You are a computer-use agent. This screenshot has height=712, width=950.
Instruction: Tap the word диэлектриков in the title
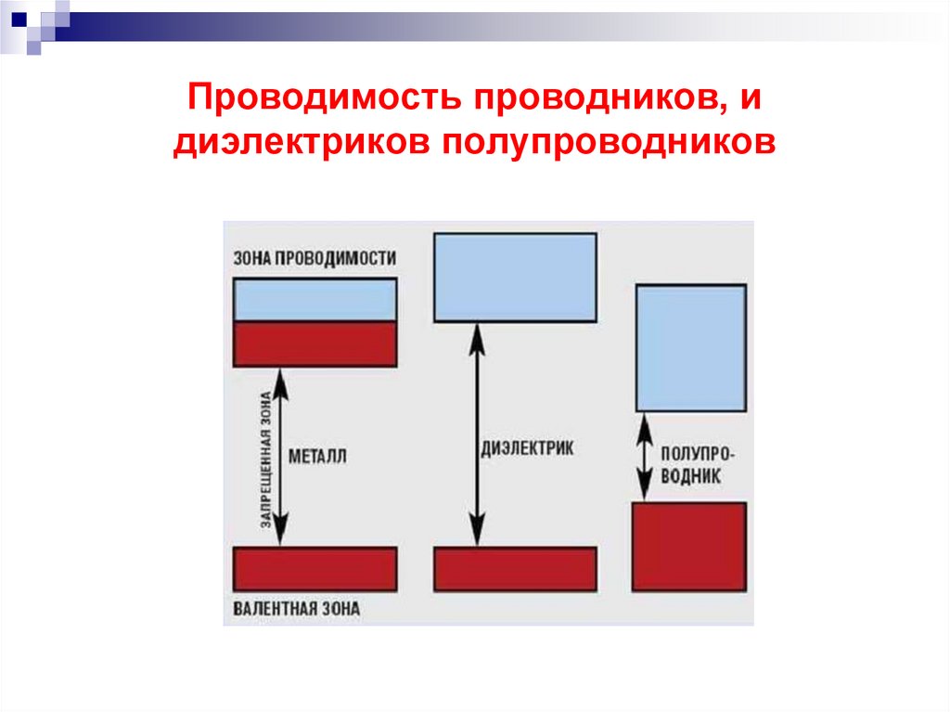(x=297, y=144)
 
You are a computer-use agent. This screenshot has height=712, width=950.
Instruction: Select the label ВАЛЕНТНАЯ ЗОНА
(x=296, y=610)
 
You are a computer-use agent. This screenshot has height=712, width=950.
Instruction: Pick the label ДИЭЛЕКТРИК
(x=527, y=447)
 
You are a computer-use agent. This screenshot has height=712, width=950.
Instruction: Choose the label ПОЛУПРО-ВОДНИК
(x=699, y=464)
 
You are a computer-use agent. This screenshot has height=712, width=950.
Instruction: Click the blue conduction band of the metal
(x=315, y=300)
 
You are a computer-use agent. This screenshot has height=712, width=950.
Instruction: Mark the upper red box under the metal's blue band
(x=315, y=343)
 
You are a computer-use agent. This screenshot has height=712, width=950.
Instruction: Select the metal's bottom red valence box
(x=315, y=569)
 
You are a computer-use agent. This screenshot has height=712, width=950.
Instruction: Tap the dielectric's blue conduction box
(x=515, y=277)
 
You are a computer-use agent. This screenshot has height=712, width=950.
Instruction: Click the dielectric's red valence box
(x=515, y=569)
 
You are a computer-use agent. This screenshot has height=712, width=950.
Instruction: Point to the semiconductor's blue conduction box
(x=690, y=347)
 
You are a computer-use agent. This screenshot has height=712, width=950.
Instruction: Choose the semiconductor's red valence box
(x=689, y=547)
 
